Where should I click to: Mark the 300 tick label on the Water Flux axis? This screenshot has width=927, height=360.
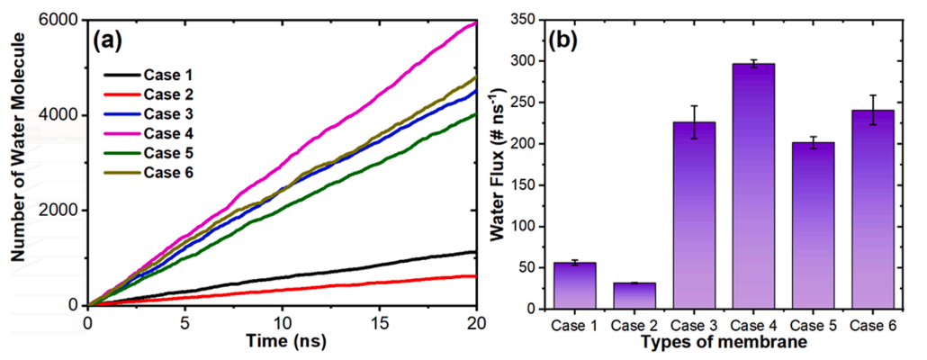pyautogui.click(x=533, y=61)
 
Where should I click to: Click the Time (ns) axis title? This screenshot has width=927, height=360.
pyautogui.click(x=283, y=342)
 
